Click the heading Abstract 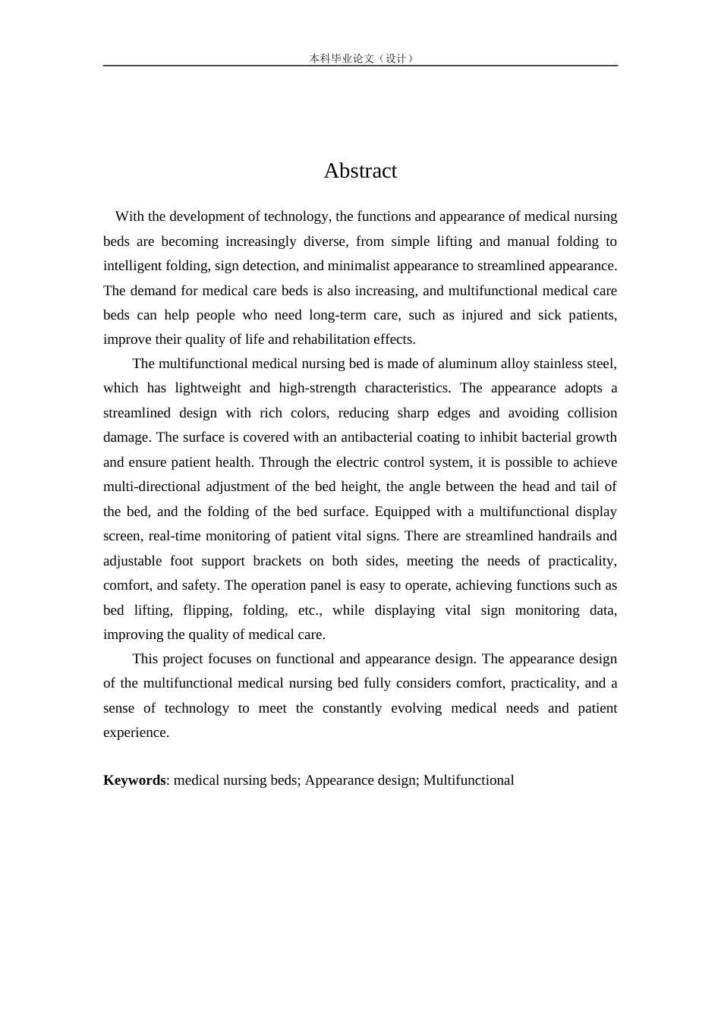coord(360,171)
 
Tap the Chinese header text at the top coord(360,58)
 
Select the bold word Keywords coord(134,780)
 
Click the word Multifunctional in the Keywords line coord(468,780)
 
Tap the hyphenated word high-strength coord(317,388)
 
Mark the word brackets coord(277,561)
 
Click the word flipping coord(207,610)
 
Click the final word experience coord(135,732)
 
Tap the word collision coord(592,413)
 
